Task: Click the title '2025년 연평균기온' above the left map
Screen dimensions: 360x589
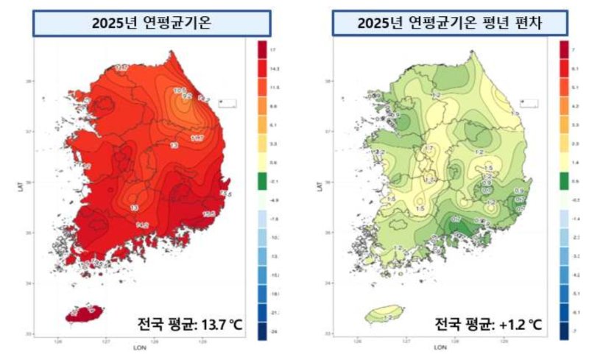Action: click(x=151, y=23)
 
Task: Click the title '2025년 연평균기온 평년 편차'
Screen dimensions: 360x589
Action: click(x=451, y=23)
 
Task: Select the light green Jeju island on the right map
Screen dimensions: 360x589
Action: click(x=384, y=314)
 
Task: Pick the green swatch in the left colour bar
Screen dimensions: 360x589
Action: click(x=262, y=180)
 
